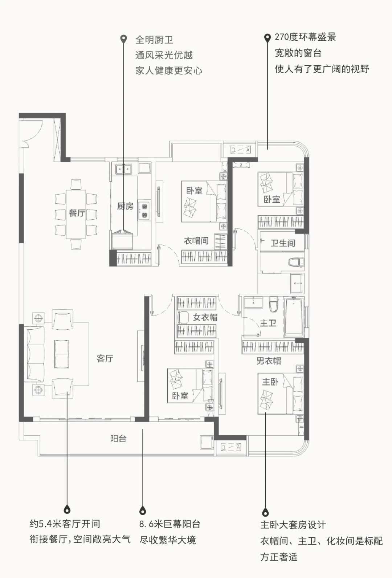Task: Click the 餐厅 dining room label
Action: click(x=77, y=213)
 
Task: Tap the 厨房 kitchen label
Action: click(x=125, y=206)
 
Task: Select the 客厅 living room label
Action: click(x=105, y=358)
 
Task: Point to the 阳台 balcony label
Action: click(x=118, y=439)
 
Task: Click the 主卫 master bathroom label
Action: click(x=268, y=323)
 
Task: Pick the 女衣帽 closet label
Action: click(x=205, y=317)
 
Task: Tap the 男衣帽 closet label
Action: click(x=269, y=361)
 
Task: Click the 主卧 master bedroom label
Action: click(x=270, y=382)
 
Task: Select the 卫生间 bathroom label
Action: click(x=283, y=243)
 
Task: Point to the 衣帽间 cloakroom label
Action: click(x=196, y=241)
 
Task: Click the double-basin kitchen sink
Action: click(x=123, y=169)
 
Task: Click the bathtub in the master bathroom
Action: click(x=294, y=317)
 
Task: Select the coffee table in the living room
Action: click(x=61, y=354)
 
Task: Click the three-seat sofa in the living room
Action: click(x=34, y=354)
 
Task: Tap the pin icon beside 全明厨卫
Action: click(x=124, y=39)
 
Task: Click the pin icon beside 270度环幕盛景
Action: click(x=267, y=38)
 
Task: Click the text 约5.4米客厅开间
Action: click(x=65, y=524)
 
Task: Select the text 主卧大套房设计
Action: click(x=293, y=525)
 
